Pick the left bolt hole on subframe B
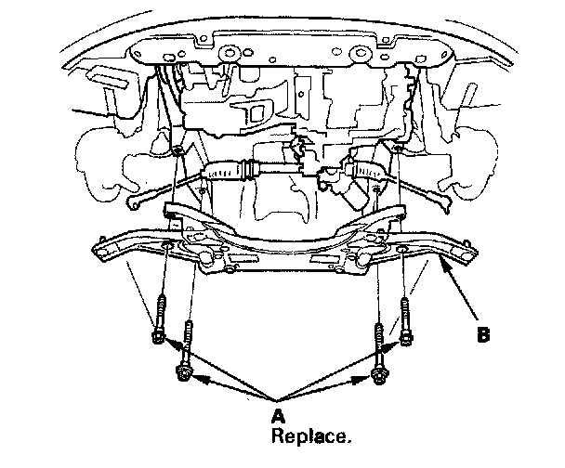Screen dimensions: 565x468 pos(165,246)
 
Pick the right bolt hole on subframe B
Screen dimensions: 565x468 pos(401,250)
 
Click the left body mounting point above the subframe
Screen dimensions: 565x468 pos(177,149)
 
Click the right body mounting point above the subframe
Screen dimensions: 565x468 pos(398,148)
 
